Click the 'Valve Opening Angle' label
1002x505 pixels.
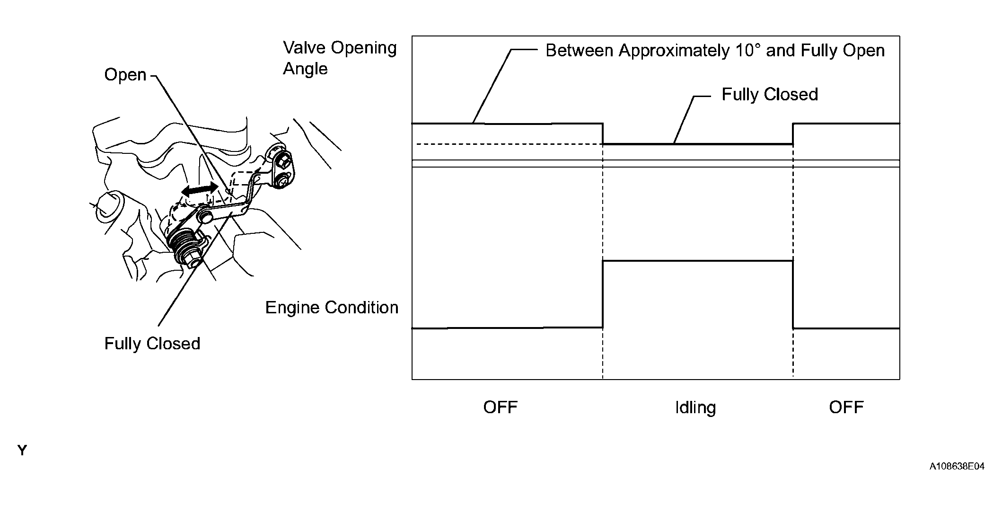[339, 58]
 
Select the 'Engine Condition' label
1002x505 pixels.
[331, 308]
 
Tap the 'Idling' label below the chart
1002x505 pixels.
[695, 408]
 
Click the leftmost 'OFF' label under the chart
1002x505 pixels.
[500, 408]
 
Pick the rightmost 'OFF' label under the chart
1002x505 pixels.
[846, 408]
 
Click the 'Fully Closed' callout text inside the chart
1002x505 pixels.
[769, 95]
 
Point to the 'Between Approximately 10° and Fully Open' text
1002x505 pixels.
[714, 51]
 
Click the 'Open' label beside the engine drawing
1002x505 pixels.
[125, 75]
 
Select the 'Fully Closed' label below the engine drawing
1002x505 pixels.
[152, 344]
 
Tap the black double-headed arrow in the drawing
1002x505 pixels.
[200, 189]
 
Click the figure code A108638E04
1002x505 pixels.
[957, 467]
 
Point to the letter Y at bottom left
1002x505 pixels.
[22, 451]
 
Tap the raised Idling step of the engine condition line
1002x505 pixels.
[697, 260]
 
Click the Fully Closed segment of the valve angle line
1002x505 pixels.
[697, 144]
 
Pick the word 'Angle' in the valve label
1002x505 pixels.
[305, 69]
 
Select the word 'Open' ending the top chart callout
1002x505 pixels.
[865, 51]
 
